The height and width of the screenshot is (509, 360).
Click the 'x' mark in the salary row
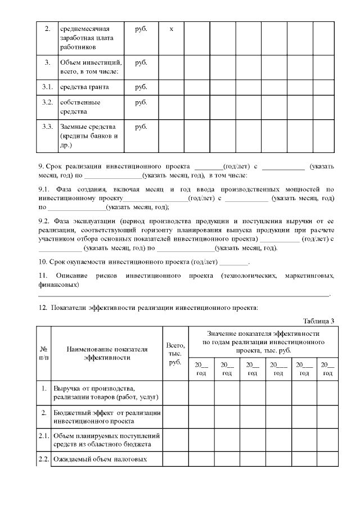(171, 29)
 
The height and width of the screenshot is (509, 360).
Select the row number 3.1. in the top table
(47, 87)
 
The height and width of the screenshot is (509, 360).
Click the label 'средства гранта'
(84, 87)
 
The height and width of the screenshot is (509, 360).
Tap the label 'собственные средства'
(80, 107)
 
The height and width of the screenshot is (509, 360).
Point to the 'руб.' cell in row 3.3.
(141, 127)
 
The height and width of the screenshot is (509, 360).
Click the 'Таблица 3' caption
(318, 321)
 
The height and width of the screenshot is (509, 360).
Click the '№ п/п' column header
(44, 353)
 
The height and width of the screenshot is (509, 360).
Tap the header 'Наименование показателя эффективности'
(107, 353)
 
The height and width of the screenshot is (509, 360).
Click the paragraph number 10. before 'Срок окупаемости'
(43, 262)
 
